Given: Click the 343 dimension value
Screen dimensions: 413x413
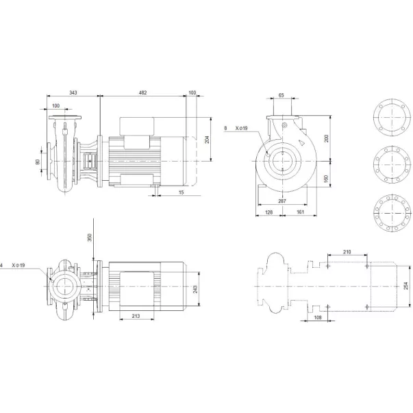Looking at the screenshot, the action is click(73, 92).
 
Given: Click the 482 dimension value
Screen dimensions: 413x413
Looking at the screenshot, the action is click(142, 92).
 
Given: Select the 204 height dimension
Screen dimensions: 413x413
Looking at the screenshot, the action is click(208, 140).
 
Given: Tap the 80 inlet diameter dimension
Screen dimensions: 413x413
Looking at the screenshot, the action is click(38, 162).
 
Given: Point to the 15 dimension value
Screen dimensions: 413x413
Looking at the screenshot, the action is click(182, 192).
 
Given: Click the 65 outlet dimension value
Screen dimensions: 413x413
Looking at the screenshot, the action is click(281, 95).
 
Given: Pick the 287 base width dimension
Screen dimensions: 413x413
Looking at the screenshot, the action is click(282, 201).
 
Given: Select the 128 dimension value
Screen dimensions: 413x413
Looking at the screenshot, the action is click(268, 212).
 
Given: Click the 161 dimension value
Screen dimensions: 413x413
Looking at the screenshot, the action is click(300, 212).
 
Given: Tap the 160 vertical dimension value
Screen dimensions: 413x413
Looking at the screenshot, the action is click(326, 179).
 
